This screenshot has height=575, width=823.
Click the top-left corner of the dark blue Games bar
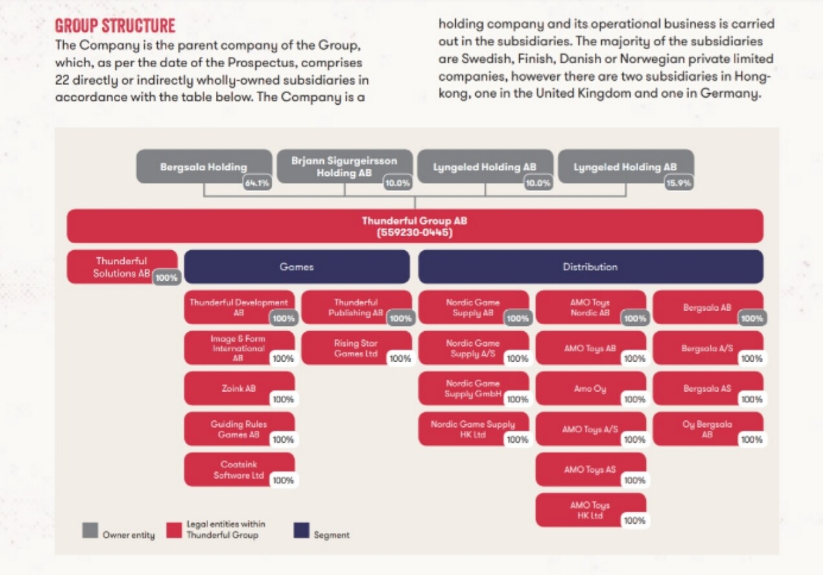pyautogui.click(x=184, y=250)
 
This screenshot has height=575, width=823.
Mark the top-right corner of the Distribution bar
pyautogui.click(x=763, y=250)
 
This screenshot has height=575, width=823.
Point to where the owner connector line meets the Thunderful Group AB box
pyautogui.click(x=415, y=209)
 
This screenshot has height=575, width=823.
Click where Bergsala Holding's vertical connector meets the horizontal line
pyautogui.click(x=204, y=197)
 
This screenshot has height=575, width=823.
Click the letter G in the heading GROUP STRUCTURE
pyautogui.click(x=59, y=26)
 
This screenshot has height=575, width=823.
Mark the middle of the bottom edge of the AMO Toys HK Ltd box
pyautogui.click(x=591, y=526)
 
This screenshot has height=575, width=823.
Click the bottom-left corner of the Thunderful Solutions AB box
pyautogui.click(x=67, y=283)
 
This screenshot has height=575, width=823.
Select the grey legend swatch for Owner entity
pyautogui.click(x=90, y=530)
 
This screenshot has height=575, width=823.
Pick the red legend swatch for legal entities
pyautogui.click(x=174, y=530)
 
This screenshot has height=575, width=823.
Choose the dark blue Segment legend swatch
pyautogui.click(x=301, y=530)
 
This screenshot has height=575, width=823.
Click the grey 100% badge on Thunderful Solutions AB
pyautogui.click(x=167, y=277)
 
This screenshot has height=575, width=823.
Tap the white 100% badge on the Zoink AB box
pyautogui.click(x=283, y=399)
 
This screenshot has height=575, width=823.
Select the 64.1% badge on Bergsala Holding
pyautogui.click(x=257, y=183)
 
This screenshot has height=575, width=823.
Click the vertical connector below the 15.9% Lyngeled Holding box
pyautogui.click(x=626, y=190)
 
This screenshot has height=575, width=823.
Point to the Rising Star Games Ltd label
pyautogui.click(x=356, y=348)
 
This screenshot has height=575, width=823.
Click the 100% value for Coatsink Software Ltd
pyautogui.click(x=283, y=480)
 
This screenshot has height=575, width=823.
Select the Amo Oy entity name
pyautogui.click(x=590, y=389)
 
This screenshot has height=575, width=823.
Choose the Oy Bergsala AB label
pyautogui.click(x=707, y=429)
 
